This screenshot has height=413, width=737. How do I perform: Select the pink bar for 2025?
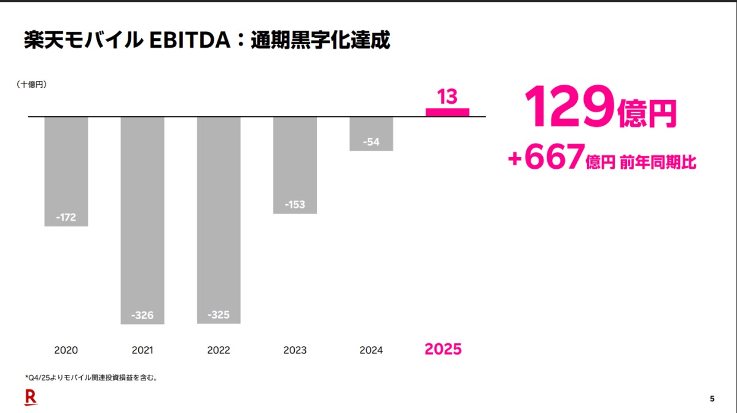(447, 112)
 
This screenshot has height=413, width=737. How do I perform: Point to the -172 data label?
(66, 217)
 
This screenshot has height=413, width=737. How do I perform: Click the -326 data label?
(142, 315)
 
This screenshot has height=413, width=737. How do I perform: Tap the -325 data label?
(218, 315)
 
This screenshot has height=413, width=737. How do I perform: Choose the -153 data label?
(295, 204)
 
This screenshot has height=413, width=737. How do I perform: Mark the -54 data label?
(371, 142)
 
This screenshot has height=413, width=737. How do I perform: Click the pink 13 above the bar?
(447, 96)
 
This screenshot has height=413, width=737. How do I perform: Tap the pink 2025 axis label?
(443, 349)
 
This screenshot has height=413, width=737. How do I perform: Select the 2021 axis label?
(142, 350)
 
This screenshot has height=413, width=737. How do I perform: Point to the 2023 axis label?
(295, 350)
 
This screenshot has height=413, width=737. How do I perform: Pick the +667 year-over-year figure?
(545, 159)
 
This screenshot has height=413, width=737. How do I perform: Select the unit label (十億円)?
(32, 85)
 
